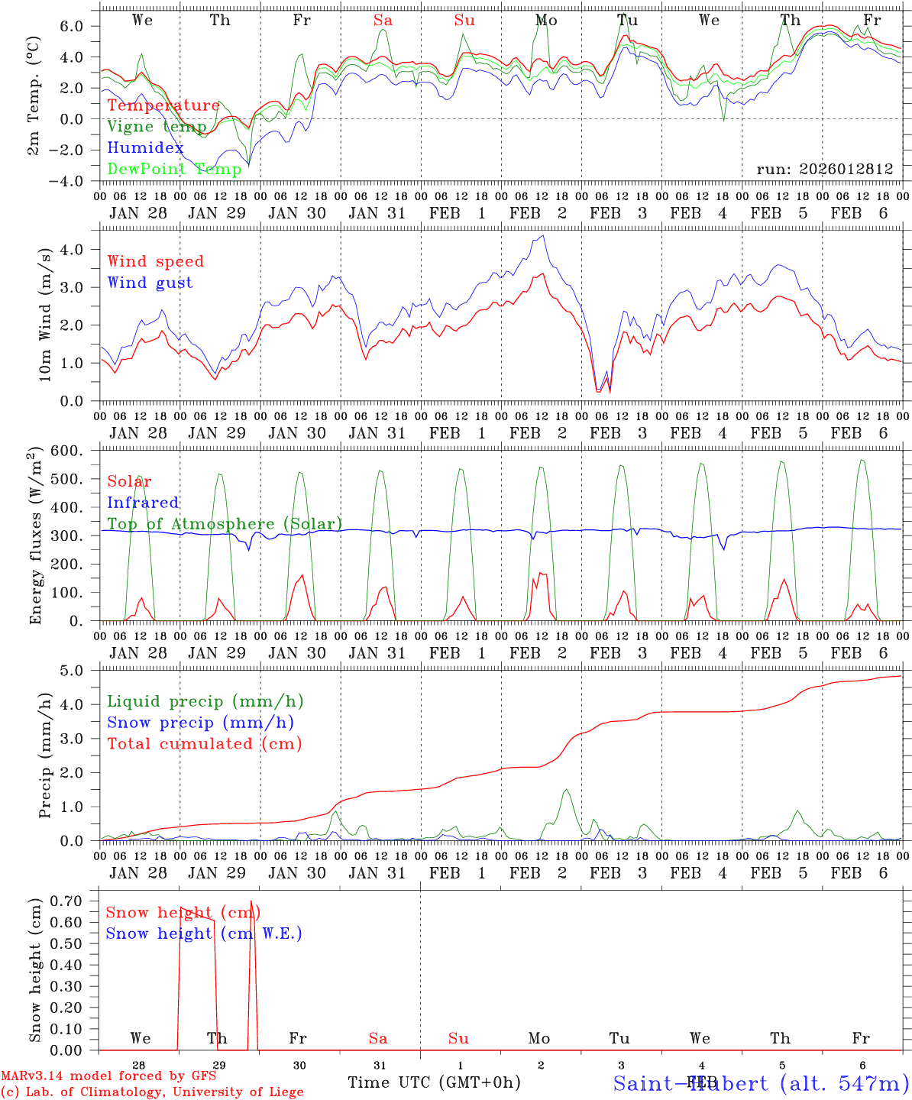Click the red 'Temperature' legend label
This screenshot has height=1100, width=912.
tap(163, 105)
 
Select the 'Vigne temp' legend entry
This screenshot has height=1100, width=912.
tap(157, 127)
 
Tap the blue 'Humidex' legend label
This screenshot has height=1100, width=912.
tap(146, 148)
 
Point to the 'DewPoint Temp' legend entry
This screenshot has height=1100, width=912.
tap(174, 169)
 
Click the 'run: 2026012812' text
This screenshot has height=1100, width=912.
tap(825, 169)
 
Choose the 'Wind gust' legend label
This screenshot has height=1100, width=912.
tap(150, 283)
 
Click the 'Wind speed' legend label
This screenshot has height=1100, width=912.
tap(156, 261)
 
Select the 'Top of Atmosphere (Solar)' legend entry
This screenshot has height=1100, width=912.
tap(225, 524)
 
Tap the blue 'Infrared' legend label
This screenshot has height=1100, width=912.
tap(144, 503)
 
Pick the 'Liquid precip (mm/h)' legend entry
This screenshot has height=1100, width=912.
tap(205, 701)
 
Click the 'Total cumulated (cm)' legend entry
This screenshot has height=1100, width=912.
tap(205, 743)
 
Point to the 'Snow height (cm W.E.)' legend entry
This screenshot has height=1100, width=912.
tap(204, 933)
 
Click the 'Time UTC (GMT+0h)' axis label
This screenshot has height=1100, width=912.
tap(434, 1082)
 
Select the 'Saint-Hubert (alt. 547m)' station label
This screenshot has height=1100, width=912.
tap(761, 1083)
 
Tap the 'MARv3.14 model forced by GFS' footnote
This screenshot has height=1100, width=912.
tap(108, 1076)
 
